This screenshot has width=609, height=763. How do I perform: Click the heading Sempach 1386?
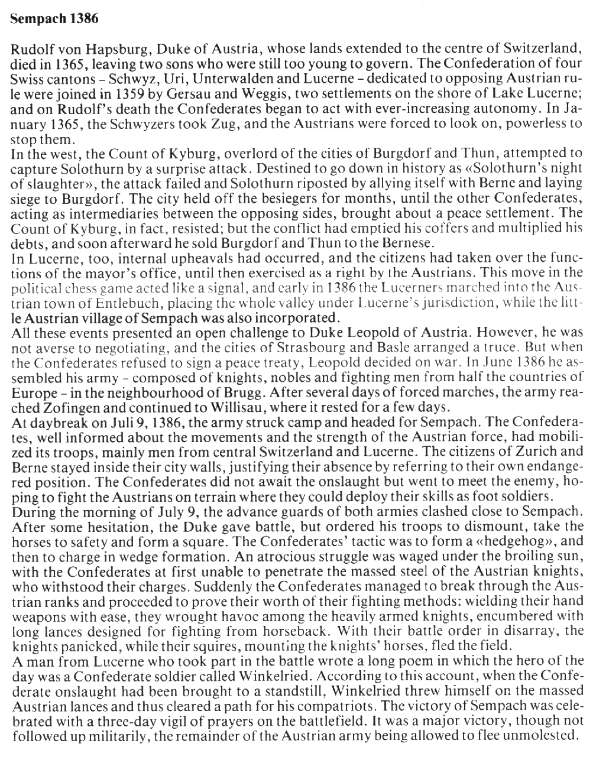(x=54, y=18)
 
